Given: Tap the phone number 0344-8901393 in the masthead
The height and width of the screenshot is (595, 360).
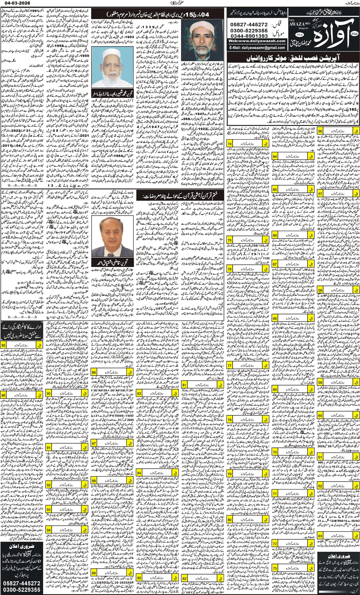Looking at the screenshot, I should [249, 36].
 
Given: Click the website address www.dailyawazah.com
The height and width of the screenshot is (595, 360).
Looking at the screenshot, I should [257, 41].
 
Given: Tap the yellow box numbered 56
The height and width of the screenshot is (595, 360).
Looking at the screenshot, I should [320, 131].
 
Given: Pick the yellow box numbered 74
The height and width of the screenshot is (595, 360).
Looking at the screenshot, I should [230, 144].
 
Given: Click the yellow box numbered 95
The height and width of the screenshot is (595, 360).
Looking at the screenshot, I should [3, 345].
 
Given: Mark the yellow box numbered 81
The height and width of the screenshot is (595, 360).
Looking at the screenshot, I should [184, 385].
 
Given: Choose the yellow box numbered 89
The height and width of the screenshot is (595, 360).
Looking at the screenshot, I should [94, 573].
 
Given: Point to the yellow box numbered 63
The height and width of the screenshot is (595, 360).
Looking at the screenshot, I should [320, 536].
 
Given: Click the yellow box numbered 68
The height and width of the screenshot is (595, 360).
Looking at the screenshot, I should [275, 318].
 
